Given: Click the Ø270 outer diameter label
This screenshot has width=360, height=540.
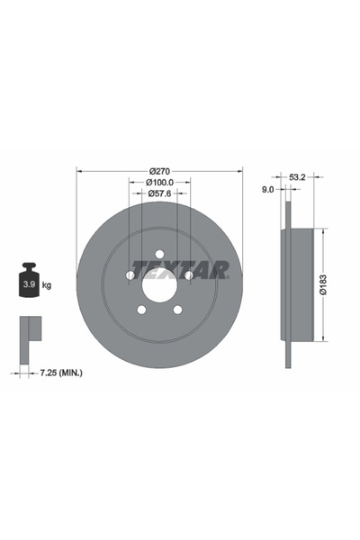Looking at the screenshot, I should [159, 171].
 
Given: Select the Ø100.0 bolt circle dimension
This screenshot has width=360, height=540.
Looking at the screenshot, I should [159, 182].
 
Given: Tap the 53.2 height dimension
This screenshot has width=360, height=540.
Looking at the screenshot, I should [298, 178].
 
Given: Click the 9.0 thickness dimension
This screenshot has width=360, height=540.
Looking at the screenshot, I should [267, 190].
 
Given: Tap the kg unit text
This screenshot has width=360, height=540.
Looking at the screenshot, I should [46, 284].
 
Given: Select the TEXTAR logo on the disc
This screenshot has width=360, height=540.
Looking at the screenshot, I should [180, 269].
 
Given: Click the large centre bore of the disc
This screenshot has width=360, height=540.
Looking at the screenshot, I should [159, 287].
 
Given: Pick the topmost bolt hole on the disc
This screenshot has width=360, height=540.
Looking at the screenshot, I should [159, 254].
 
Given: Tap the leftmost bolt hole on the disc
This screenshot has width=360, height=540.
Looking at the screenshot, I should [130, 275].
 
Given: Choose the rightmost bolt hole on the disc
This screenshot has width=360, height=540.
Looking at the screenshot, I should [189, 275].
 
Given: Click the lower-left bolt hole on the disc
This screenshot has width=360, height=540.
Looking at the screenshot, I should [141, 310].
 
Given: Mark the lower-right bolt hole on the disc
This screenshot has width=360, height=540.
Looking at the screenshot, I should [177, 310].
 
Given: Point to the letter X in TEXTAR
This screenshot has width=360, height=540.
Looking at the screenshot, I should [169, 269].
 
